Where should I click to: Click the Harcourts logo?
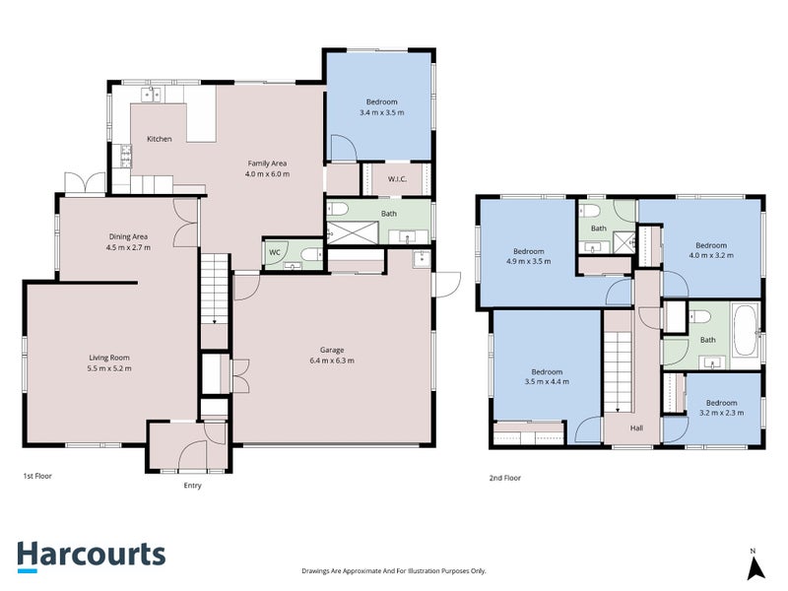[x=91, y=555]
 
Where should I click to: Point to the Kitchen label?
[x=159, y=139]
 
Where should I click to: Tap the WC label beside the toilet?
[x=274, y=252]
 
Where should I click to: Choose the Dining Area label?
[x=128, y=236]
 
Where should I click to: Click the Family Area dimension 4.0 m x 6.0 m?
[x=267, y=173]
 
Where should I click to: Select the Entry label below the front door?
[x=194, y=486]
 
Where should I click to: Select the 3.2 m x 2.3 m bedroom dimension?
[x=721, y=414]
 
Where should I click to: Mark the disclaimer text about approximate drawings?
[x=393, y=570]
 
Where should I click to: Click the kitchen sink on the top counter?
[x=152, y=95]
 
